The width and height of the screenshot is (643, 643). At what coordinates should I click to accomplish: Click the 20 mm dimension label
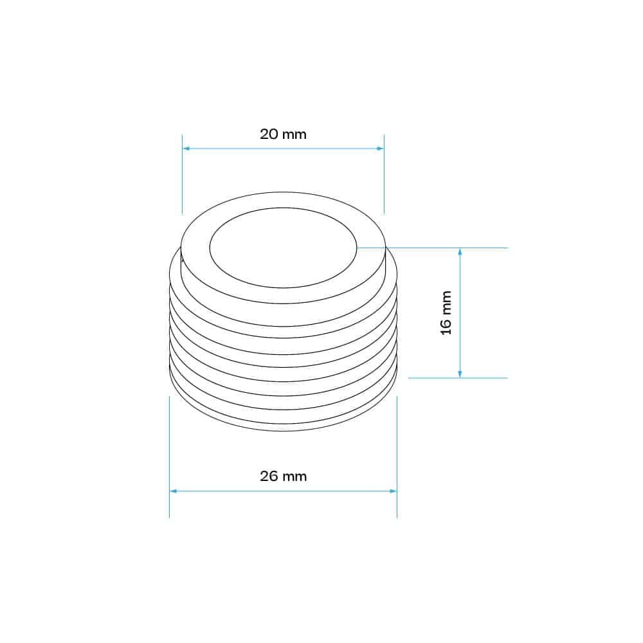click(x=283, y=134)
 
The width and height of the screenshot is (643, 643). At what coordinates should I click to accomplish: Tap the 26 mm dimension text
click(x=283, y=476)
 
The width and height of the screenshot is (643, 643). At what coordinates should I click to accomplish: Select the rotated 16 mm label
click(x=446, y=313)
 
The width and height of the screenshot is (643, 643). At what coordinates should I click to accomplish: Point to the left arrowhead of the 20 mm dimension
click(x=186, y=149)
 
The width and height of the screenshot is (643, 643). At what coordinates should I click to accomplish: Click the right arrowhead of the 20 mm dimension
click(x=380, y=149)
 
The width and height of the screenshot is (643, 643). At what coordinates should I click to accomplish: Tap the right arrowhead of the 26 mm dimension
click(x=393, y=491)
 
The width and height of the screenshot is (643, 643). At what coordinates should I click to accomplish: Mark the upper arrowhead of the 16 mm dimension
click(x=460, y=252)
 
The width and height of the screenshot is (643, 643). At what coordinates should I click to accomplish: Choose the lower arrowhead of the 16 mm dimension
click(x=460, y=374)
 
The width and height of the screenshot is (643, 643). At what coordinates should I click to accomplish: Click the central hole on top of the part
click(x=283, y=248)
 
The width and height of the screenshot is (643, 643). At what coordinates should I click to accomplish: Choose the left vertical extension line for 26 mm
click(x=169, y=450)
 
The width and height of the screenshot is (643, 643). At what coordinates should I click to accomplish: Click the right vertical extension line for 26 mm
click(x=397, y=450)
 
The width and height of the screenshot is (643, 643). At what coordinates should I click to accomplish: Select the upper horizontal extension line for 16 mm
click(x=450, y=248)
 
